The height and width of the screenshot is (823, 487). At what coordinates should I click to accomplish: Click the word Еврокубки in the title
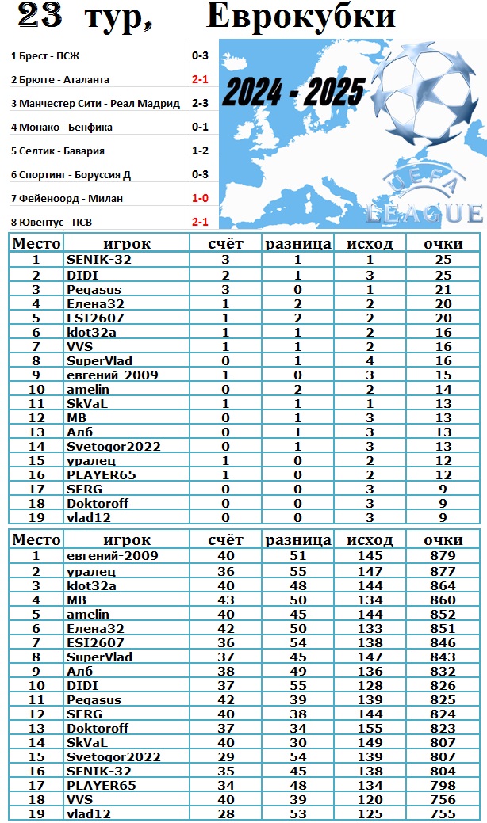click(x=301, y=16)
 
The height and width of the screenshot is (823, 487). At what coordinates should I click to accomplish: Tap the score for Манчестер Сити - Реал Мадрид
click(x=199, y=103)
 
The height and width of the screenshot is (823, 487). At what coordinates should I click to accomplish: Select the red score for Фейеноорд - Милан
click(x=199, y=198)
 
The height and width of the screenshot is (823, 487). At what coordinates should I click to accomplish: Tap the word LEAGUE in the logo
click(x=425, y=213)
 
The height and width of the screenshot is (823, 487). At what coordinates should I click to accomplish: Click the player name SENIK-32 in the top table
click(x=96, y=260)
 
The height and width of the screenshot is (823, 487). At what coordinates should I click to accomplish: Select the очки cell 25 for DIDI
click(x=443, y=274)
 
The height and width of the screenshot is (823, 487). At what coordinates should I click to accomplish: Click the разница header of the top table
click(x=297, y=244)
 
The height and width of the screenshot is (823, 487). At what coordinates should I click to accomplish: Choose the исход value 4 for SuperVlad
click(x=370, y=360)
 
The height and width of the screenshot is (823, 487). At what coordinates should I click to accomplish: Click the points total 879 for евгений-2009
click(x=443, y=556)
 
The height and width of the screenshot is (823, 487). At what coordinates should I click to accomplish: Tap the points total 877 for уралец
click(x=443, y=570)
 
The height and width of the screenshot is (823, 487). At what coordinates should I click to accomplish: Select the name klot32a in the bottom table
click(x=91, y=585)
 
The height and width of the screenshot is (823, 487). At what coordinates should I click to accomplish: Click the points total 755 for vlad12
click(x=443, y=813)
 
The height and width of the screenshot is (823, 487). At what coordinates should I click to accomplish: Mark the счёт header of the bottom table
click(x=225, y=540)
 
